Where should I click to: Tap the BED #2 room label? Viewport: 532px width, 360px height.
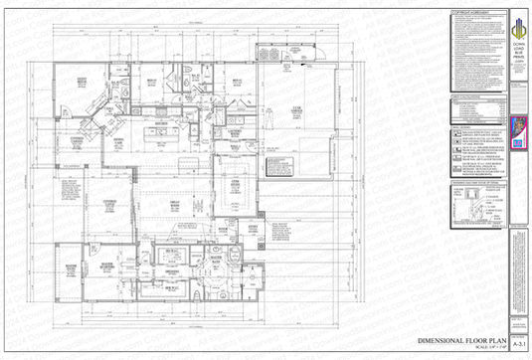[x=154, y=83]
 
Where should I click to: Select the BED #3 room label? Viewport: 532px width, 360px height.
[x=237, y=83]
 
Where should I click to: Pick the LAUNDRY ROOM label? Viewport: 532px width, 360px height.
[x=236, y=131]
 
